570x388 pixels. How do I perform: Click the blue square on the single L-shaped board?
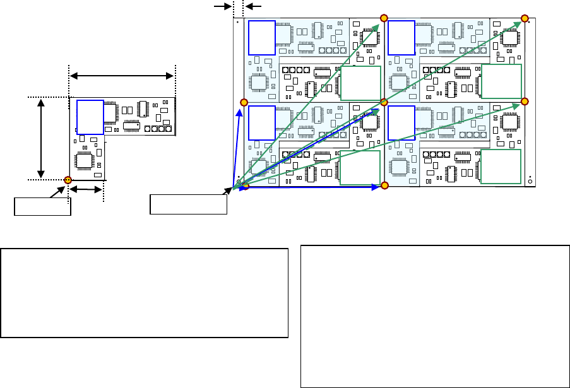[90, 117]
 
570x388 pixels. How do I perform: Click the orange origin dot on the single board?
[68, 180]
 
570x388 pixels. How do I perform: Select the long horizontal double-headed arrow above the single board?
[121, 76]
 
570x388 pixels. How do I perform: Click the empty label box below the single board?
[42, 206]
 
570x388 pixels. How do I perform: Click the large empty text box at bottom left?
[145, 292]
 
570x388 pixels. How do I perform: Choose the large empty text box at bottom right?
[435, 315]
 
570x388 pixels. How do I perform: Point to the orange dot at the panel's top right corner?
[524, 18]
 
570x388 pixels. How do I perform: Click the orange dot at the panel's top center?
[384, 18]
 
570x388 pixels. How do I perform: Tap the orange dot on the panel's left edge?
[244, 102]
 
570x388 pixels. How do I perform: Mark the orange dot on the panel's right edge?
[524, 102]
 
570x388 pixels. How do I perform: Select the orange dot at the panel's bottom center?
[384, 185]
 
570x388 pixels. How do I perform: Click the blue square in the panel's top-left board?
[262, 37]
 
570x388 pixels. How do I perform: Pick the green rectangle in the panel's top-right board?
[501, 82]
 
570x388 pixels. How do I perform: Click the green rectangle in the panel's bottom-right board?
[501, 167]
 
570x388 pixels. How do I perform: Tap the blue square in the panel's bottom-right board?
[401, 122]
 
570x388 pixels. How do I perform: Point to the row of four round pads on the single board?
[158, 129]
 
